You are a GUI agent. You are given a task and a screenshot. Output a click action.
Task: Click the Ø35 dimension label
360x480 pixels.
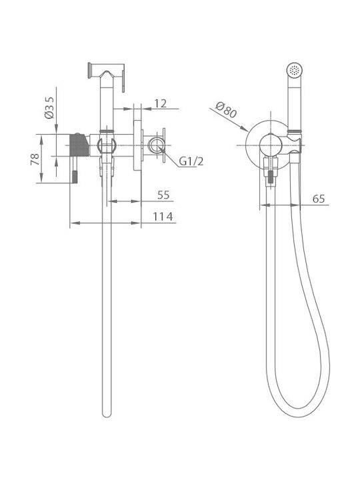click(49, 107)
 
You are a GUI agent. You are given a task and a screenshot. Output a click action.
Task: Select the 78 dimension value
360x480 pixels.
click(35, 159)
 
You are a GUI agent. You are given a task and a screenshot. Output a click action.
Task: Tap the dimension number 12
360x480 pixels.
click(160, 104)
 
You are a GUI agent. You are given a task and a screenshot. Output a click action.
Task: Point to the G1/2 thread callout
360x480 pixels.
click(191, 161)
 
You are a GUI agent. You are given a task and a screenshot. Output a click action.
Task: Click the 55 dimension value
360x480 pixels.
click(163, 195)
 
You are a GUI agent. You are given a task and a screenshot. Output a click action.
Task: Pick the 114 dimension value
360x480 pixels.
click(163, 217)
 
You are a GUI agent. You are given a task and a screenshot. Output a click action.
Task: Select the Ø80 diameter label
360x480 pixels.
click(226, 110)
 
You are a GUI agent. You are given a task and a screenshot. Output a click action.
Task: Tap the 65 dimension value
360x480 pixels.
click(319, 199)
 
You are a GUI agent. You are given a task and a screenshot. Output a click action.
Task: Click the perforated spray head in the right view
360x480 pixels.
click(295, 71)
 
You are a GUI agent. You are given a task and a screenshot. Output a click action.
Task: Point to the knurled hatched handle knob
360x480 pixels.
click(79, 145)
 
